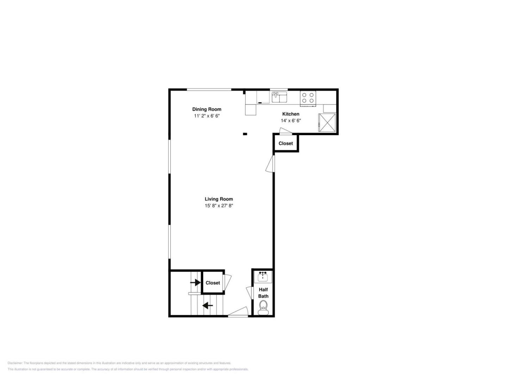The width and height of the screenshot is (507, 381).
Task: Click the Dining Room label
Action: (x=206, y=109)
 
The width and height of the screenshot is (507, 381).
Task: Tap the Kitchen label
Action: (x=290, y=114)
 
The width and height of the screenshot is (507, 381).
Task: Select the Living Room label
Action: (x=219, y=199)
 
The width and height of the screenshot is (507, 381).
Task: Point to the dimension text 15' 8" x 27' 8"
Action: (x=219, y=205)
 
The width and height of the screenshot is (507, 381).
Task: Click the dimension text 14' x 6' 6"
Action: (x=290, y=121)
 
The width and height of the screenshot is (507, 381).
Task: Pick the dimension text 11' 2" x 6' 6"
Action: (x=206, y=116)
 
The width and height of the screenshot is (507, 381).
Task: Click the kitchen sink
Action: (x=279, y=97)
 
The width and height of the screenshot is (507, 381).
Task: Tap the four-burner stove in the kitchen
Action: (x=308, y=98)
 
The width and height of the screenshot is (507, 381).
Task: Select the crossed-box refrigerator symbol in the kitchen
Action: (x=327, y=122)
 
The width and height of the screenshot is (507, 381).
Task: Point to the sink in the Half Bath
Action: (x=263, y=277)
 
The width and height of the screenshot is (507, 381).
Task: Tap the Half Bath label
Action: (x=263, y=293)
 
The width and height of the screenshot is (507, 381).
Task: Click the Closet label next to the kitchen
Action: (x=286, y=144)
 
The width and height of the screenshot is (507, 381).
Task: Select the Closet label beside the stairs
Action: (x=213, y=283)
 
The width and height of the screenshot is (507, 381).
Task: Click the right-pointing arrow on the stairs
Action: (x=195, y=282)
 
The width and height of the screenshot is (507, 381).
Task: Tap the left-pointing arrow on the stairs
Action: (x=207, y=306)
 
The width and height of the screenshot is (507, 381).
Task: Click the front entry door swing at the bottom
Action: (x=238, y=311)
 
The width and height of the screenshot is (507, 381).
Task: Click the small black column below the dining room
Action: (x=245, y=134)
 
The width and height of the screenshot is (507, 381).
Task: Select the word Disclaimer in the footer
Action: (x=15, y=363)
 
